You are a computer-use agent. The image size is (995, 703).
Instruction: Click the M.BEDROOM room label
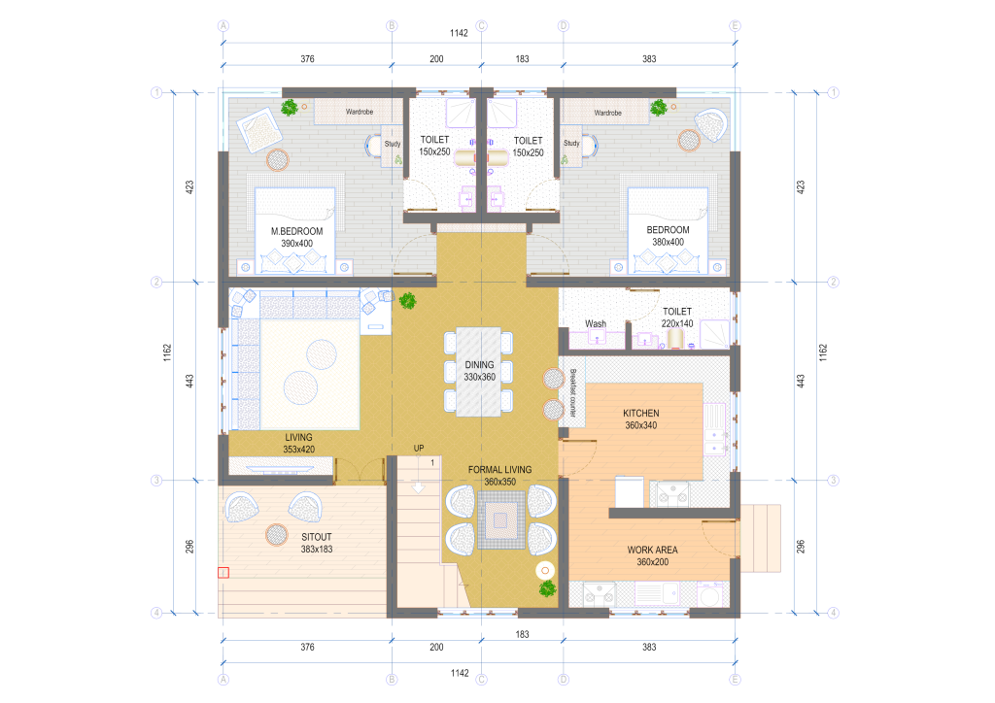296,231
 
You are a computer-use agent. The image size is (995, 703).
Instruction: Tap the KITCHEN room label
641,414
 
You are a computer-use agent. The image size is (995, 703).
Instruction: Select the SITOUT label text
316,537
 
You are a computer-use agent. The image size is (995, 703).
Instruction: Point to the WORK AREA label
652,551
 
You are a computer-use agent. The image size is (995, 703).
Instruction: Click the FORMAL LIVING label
500,470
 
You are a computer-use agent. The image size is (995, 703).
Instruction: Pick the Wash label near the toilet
596,324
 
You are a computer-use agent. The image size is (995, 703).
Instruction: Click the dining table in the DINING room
478,372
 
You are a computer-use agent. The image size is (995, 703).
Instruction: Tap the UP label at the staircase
419,449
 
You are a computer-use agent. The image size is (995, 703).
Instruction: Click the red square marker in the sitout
223,573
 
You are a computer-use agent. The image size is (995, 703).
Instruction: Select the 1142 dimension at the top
459,33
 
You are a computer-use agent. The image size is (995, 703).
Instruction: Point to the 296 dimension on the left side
189,547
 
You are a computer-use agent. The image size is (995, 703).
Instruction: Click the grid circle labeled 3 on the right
833,481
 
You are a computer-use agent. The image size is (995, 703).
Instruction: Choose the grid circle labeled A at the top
223,26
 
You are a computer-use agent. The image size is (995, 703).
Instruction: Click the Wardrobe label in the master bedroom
360,112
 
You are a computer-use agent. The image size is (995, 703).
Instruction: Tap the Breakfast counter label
572,393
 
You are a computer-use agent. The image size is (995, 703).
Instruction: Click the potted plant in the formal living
548,588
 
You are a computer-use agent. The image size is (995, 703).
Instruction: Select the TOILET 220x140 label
677,318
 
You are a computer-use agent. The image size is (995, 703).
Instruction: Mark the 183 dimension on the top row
522,59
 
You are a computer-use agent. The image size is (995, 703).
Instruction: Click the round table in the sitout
277,534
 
